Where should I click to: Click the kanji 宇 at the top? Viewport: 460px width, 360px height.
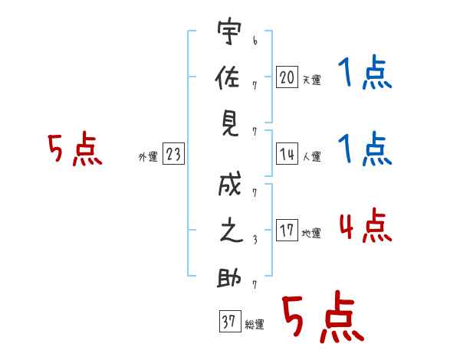229,31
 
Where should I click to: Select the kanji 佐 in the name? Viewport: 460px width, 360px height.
228,77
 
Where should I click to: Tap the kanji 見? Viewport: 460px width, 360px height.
230,124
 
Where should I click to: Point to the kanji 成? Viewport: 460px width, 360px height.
230,184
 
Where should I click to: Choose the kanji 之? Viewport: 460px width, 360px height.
232,231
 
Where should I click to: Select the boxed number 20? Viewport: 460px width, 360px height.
287,77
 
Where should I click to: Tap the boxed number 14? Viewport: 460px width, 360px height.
287,154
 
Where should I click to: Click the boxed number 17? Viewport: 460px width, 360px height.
287,230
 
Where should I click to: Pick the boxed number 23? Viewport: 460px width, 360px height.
173,153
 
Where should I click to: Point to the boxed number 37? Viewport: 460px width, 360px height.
230,321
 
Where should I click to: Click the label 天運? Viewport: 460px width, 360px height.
312,80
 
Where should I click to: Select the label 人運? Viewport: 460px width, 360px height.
312,156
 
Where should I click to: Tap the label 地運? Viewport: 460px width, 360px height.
311,233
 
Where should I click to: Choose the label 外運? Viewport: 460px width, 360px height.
148,157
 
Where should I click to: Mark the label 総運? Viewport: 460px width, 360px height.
255,324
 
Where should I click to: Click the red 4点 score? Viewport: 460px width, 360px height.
366,225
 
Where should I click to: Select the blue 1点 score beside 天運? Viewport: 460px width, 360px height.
365,72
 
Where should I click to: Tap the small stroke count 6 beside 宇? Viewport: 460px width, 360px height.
255,41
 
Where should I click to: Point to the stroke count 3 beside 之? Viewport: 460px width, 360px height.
255,240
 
